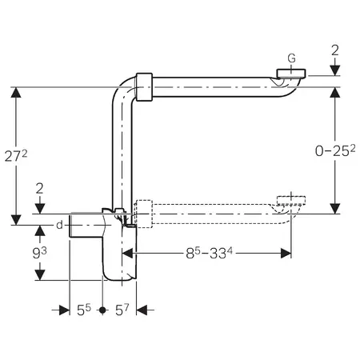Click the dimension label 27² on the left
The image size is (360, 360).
[16, 156]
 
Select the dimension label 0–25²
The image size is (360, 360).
[335, 151]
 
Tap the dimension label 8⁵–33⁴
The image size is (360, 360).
[209, 253]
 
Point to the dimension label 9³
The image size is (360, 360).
[39, 253]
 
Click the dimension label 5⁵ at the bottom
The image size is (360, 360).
[84, 310]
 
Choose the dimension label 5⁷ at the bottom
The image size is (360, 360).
[122, 310]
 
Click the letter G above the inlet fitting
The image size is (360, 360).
[292, 58]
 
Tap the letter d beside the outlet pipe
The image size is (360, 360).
[59, 225]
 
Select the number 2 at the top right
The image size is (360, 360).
[335, 50]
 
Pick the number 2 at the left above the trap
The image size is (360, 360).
[39, 189]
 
